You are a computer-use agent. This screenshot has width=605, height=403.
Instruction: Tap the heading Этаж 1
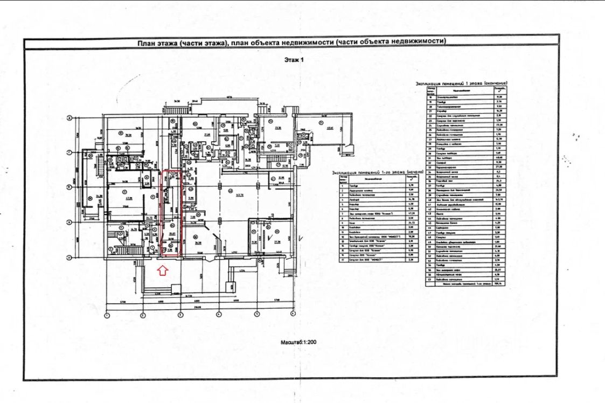pos(295,60)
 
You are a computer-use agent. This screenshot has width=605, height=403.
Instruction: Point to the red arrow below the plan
pos(161,270)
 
